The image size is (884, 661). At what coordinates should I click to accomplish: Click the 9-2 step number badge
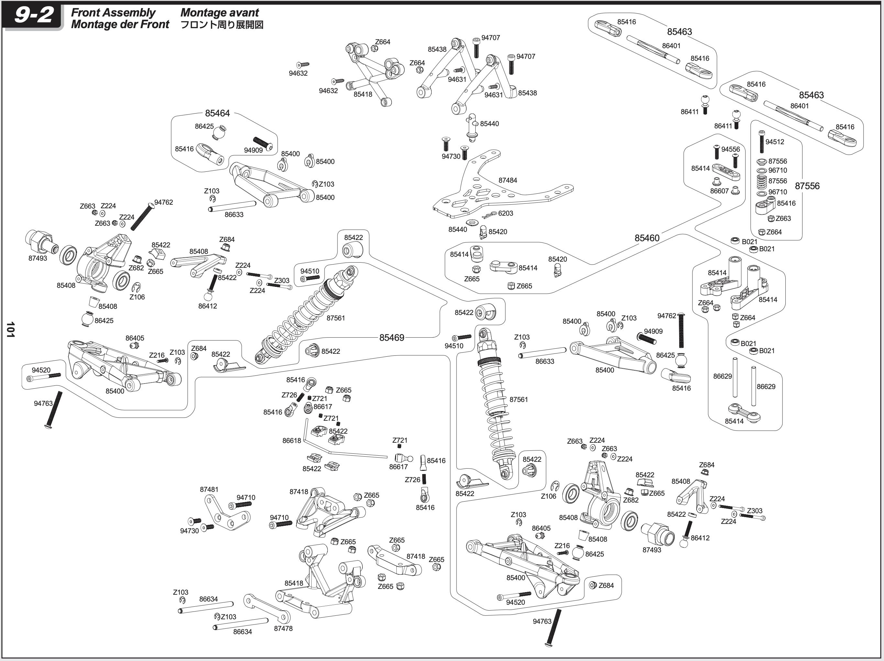coord(33,16)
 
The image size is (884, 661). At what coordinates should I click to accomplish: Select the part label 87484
coord(508,180)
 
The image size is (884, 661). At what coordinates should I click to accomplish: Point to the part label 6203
coord(505,213)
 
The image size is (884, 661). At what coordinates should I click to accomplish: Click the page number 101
coord(10,330)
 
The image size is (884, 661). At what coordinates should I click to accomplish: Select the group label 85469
coord(392,338)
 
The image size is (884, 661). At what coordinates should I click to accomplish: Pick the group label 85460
coord(646,238)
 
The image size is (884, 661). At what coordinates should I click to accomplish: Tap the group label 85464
coord(217,114)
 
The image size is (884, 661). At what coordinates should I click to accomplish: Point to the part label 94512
coord(775,142)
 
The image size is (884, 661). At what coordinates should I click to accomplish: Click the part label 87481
coord(209,489)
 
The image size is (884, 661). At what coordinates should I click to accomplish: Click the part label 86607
coord(719,191)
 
